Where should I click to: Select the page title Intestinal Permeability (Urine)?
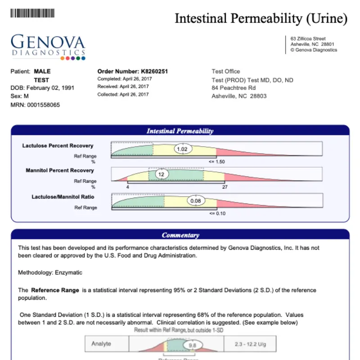point(261,18)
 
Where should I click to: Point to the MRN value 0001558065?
point(43,105)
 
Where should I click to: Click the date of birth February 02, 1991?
point(50,88)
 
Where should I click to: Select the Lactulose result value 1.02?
point(182,149)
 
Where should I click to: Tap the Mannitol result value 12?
point(161,174)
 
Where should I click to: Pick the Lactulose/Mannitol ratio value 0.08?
point(195,200)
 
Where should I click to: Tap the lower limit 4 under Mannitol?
point(128,186)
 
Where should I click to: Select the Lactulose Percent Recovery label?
point(58,146)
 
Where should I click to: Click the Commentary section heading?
point(180,235)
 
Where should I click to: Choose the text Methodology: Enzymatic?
point(50,273)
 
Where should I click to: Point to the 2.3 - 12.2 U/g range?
point(250,344)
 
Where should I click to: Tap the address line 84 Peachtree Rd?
point(234,88)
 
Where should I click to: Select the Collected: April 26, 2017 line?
point(123,94)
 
